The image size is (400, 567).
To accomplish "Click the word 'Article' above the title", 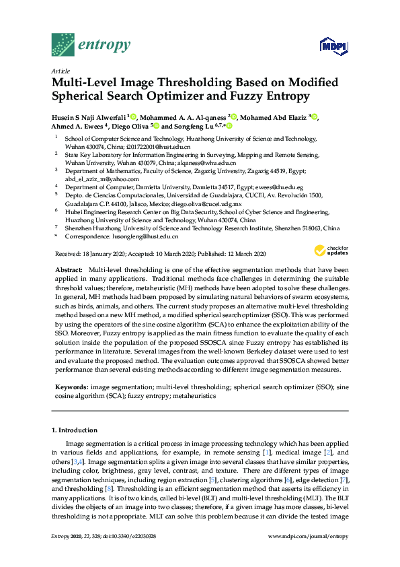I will pyautogui.click(x=61, y=70).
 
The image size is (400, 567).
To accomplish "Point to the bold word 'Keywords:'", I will pyautogui.click(x=71, y=388).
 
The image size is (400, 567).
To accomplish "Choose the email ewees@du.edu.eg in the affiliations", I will pyautogui.click(x=278, y=187).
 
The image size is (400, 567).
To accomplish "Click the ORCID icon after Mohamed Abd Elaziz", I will pyautogui.click(x=314, y=116).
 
